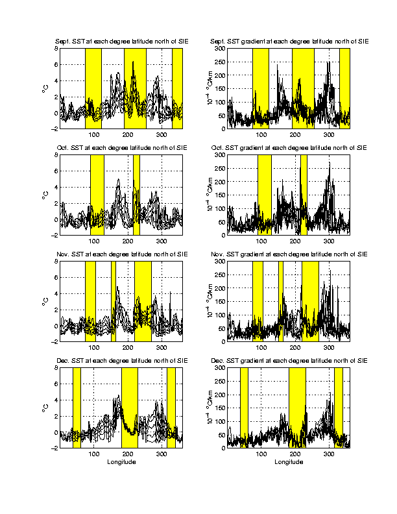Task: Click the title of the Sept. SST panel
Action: point(121,42)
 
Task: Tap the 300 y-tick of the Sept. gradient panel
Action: point(219,48)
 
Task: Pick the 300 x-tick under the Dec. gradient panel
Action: point(329,454)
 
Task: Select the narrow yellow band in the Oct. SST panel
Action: point(136,195)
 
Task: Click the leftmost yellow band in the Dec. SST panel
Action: point(77,408)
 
